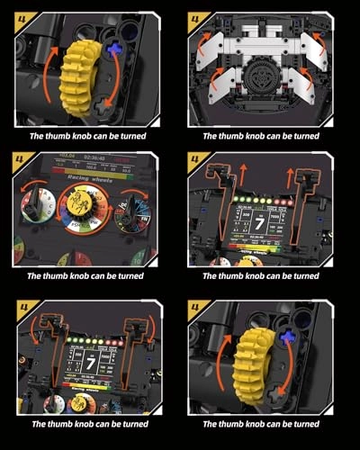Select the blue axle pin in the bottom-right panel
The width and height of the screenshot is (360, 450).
click(288, 339)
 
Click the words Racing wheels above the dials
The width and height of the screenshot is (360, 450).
click(87, 178)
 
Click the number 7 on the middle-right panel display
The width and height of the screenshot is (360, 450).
click(259, 220)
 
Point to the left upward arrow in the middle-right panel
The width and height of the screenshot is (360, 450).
click(218, 179)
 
